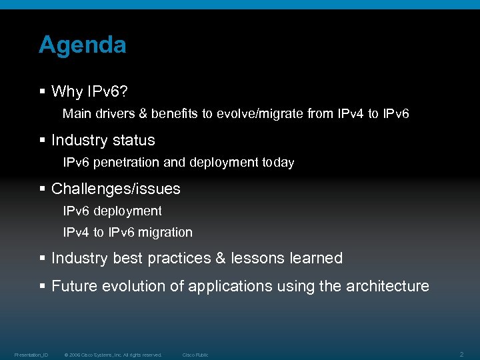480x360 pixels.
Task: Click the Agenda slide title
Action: [x=82, y=45]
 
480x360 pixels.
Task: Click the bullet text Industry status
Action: [x=103, y=140]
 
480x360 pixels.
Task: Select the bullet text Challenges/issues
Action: [x=115, y=189]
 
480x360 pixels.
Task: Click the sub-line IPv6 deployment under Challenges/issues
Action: [x=112, y=211]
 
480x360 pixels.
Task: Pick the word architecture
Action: [x=387, y=286]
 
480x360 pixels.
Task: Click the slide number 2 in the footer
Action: [x=463, y=353]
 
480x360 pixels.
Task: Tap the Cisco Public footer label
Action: [x=195, y=355]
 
